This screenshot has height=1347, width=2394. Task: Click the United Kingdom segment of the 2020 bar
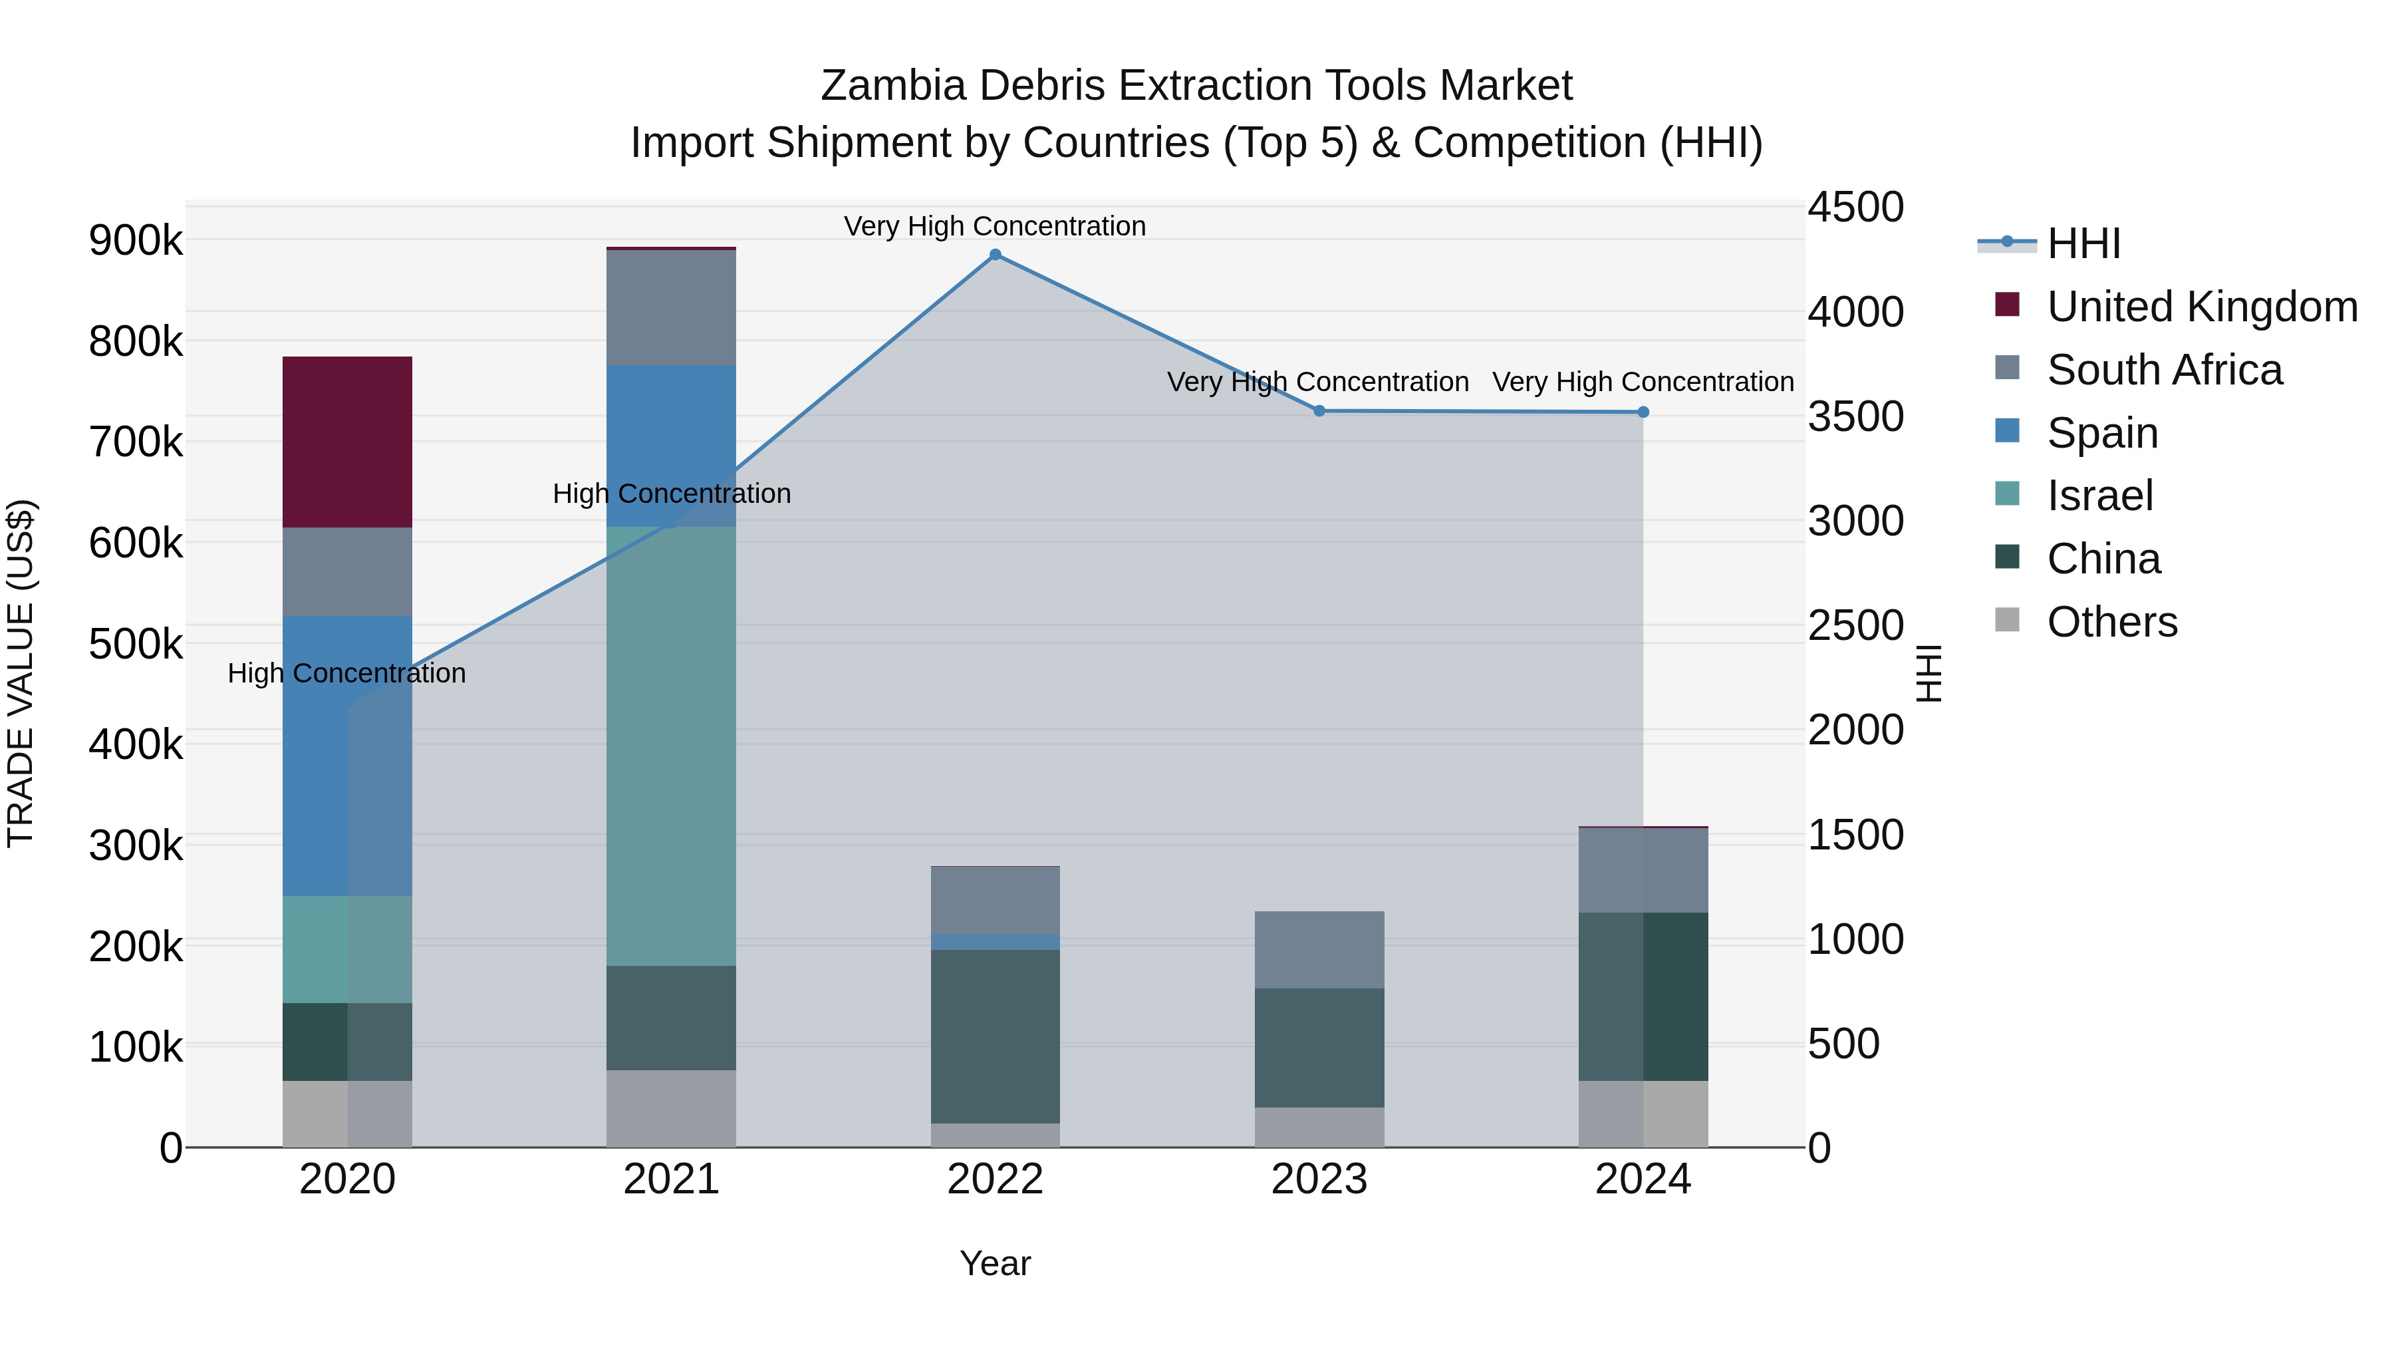[x=346, y=442]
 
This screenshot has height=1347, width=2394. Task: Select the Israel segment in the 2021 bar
[x=671, y=746]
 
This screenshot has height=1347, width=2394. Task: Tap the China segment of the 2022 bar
[x=996, y=1036]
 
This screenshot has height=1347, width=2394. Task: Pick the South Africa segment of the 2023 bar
[x=1319, y=949]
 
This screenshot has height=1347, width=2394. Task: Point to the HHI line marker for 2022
[x=996, y=255]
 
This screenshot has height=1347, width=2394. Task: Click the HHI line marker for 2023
[x=1319, y=411]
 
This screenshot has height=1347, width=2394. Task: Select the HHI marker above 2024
[x=1643, y=412]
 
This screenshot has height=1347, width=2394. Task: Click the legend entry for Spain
[x=2102, y=433]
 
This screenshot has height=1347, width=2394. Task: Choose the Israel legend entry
[x=2099, y=496]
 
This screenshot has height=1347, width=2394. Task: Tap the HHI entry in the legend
[x=2083, y=243]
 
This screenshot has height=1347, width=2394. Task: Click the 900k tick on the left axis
[x=136, y=241]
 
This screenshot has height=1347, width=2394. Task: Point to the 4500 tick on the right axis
[x=1855, y=208]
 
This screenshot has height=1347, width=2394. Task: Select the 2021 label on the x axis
[x=671, y=1179]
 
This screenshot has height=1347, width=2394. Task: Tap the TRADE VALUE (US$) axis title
[x=21, y=673]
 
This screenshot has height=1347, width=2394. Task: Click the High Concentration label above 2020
[x=346, y=673]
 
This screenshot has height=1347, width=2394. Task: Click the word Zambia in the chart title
[x=893, y=86]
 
